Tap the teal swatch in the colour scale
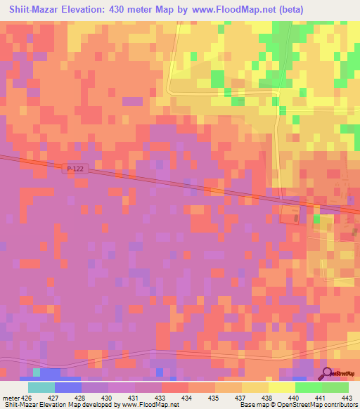[x=41, y=387]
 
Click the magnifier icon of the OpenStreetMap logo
[x=327, y=373]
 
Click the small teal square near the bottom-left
[x=37, y=371]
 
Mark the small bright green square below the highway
[x=316, y=219]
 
